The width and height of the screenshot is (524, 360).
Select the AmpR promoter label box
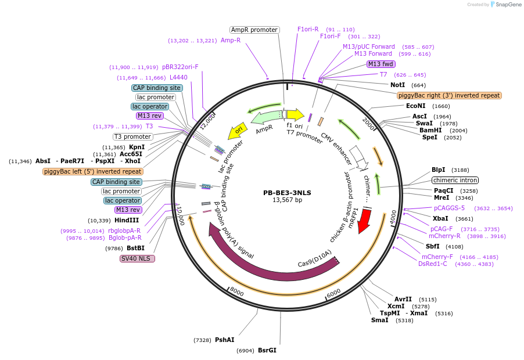(x=254, y=30)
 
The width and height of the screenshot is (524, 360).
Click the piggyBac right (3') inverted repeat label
(x=449, y=95)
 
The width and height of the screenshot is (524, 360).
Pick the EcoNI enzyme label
(x=416, y=106)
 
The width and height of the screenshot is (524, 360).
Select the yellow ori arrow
(x=236, y=132)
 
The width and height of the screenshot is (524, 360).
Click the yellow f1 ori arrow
(x=295, y=114)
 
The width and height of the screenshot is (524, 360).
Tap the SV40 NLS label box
(x=137, y=258)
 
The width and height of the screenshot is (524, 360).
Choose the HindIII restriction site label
(x=127, y=220)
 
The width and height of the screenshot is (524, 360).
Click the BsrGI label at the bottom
(x=267, y=350)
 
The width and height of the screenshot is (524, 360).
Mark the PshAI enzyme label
(x=225, y=340)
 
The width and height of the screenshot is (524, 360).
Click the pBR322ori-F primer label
(x=180, y=67)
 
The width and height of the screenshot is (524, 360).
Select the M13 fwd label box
(x=381, y=64)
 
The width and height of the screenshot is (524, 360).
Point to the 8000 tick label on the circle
(x=236, y=290)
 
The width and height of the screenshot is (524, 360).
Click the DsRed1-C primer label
(x=433, y=264)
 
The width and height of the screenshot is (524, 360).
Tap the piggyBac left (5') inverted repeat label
(x=93, y=171)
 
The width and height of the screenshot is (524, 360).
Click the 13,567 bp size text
(x=288, y=200)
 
